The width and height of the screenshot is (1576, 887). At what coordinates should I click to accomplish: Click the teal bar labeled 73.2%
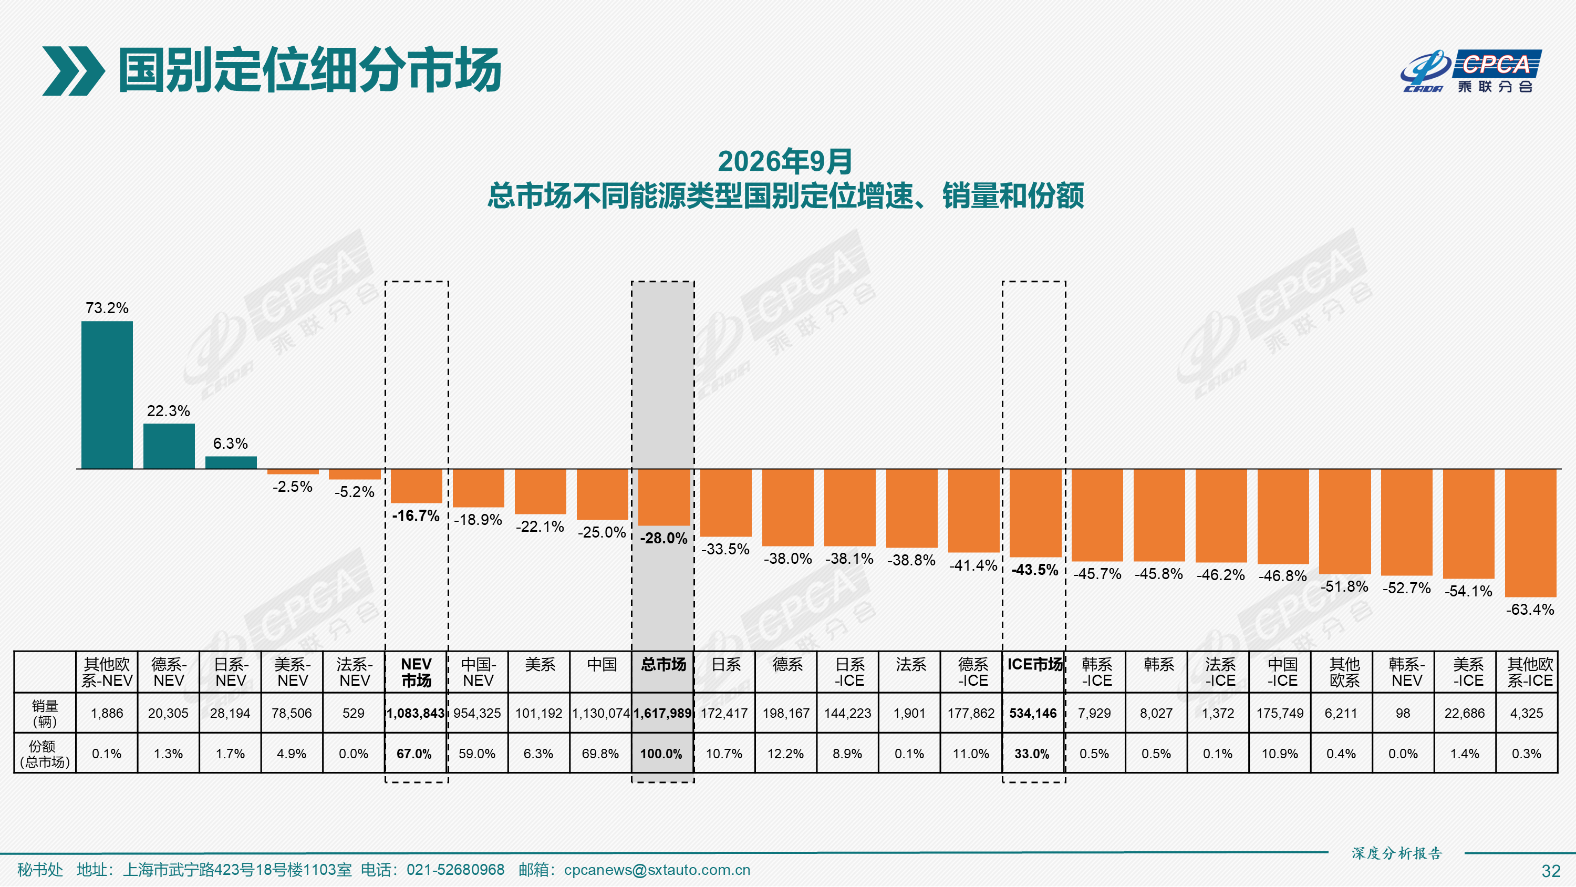(x=107, y=395)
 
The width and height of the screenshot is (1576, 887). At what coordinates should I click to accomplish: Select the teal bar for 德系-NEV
(x=169, y=446)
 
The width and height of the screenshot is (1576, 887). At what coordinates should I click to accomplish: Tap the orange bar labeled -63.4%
(x=1530, y=532)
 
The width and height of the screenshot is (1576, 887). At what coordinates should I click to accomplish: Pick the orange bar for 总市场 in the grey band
(x=664, y=497)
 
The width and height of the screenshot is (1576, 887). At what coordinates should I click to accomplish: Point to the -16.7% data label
(x=416, y=515)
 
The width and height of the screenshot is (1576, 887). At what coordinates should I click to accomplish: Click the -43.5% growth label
(x=1034, y=570)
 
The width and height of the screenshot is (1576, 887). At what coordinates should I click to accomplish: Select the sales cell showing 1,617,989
(x=662, y=713)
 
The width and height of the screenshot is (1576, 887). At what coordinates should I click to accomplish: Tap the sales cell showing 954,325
(x=477, y=713)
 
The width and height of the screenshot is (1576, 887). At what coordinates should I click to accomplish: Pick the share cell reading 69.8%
(x=600, y=754)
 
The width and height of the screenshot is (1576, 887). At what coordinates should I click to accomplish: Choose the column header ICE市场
(x=1034, y=664)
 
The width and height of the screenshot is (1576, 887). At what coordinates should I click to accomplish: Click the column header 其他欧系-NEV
(x=107, y=672)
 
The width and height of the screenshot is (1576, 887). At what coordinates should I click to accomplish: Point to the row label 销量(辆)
(x=45, y=713)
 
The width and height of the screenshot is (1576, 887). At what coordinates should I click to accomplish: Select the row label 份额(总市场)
(x=45, y=754)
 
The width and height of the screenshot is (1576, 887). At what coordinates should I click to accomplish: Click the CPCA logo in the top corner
(x=1471, y=71)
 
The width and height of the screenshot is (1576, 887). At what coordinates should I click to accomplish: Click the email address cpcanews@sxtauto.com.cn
(x=657, y=870)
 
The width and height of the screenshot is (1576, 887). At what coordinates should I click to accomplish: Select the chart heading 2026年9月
(x=785, y=162)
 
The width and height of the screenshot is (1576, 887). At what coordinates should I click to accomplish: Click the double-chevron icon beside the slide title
(x=74, y=71)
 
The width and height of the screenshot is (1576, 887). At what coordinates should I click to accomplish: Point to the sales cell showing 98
(x=1403, y=713)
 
